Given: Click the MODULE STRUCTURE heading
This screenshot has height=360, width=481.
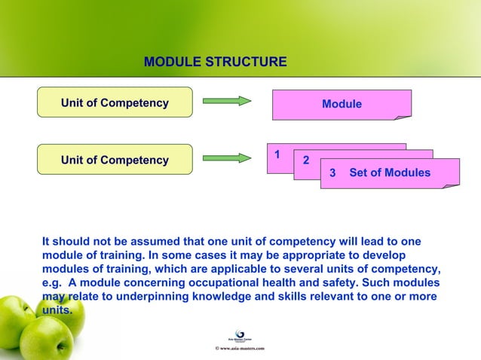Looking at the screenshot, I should [x=215, y=61].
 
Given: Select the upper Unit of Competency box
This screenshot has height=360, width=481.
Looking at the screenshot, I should [x=115, y=102].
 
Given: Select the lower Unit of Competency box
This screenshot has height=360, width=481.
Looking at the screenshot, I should [x=115, y=160].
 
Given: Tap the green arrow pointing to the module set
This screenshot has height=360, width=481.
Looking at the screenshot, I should [x=227, y=158].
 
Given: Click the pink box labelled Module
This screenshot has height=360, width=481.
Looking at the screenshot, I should [x=342, y=104].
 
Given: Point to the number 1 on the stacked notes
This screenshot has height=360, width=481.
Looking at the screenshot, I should [x=277, y=154].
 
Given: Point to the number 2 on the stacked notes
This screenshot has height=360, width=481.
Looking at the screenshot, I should [x=305, y=160].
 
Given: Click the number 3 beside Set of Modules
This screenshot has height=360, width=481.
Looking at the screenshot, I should [x=333, y=173].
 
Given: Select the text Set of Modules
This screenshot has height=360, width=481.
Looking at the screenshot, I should [x=390, y=173].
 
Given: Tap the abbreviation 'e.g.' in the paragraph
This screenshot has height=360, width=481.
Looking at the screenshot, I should [x=53, y=282].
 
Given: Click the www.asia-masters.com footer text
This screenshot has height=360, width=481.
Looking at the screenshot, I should [x=240, y=349].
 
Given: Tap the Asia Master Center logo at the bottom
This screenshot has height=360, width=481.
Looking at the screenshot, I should [x=240, y=336].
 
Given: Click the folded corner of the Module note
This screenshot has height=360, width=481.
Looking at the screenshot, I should [x=406, y=116].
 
